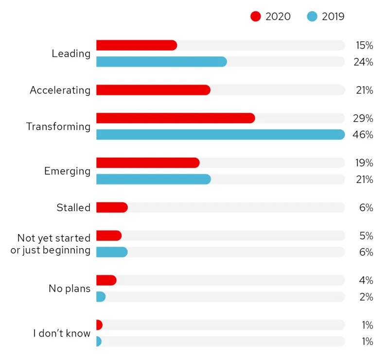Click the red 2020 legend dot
click(x=256, y=17)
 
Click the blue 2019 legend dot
click(x=312, y=17)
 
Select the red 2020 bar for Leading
click(x=137, y=45)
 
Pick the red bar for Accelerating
click(x=153, y=90)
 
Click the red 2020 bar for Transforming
click(x=176, y=118)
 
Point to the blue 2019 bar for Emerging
click(x=154, y=179)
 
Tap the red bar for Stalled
click(x=112, y=207)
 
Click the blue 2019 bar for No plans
click(x=101, y=297)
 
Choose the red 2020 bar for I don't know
click(x=99, y=325)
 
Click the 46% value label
click(x=363, y=135)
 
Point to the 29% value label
click(x=363, y=118)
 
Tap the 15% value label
click(x=364, y=45)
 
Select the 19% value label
click(x=364, y=162)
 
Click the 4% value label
click(x=366, y=280)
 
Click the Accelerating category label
click(x=60, y=90)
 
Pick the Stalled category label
click(x=73, y=208)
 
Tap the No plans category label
click(x=70, y=288)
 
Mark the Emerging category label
click(x=67, y=171)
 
